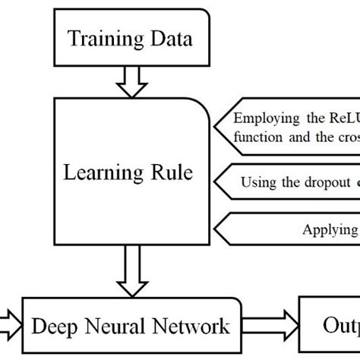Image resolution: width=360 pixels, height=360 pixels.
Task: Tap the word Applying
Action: pos(329,229)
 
